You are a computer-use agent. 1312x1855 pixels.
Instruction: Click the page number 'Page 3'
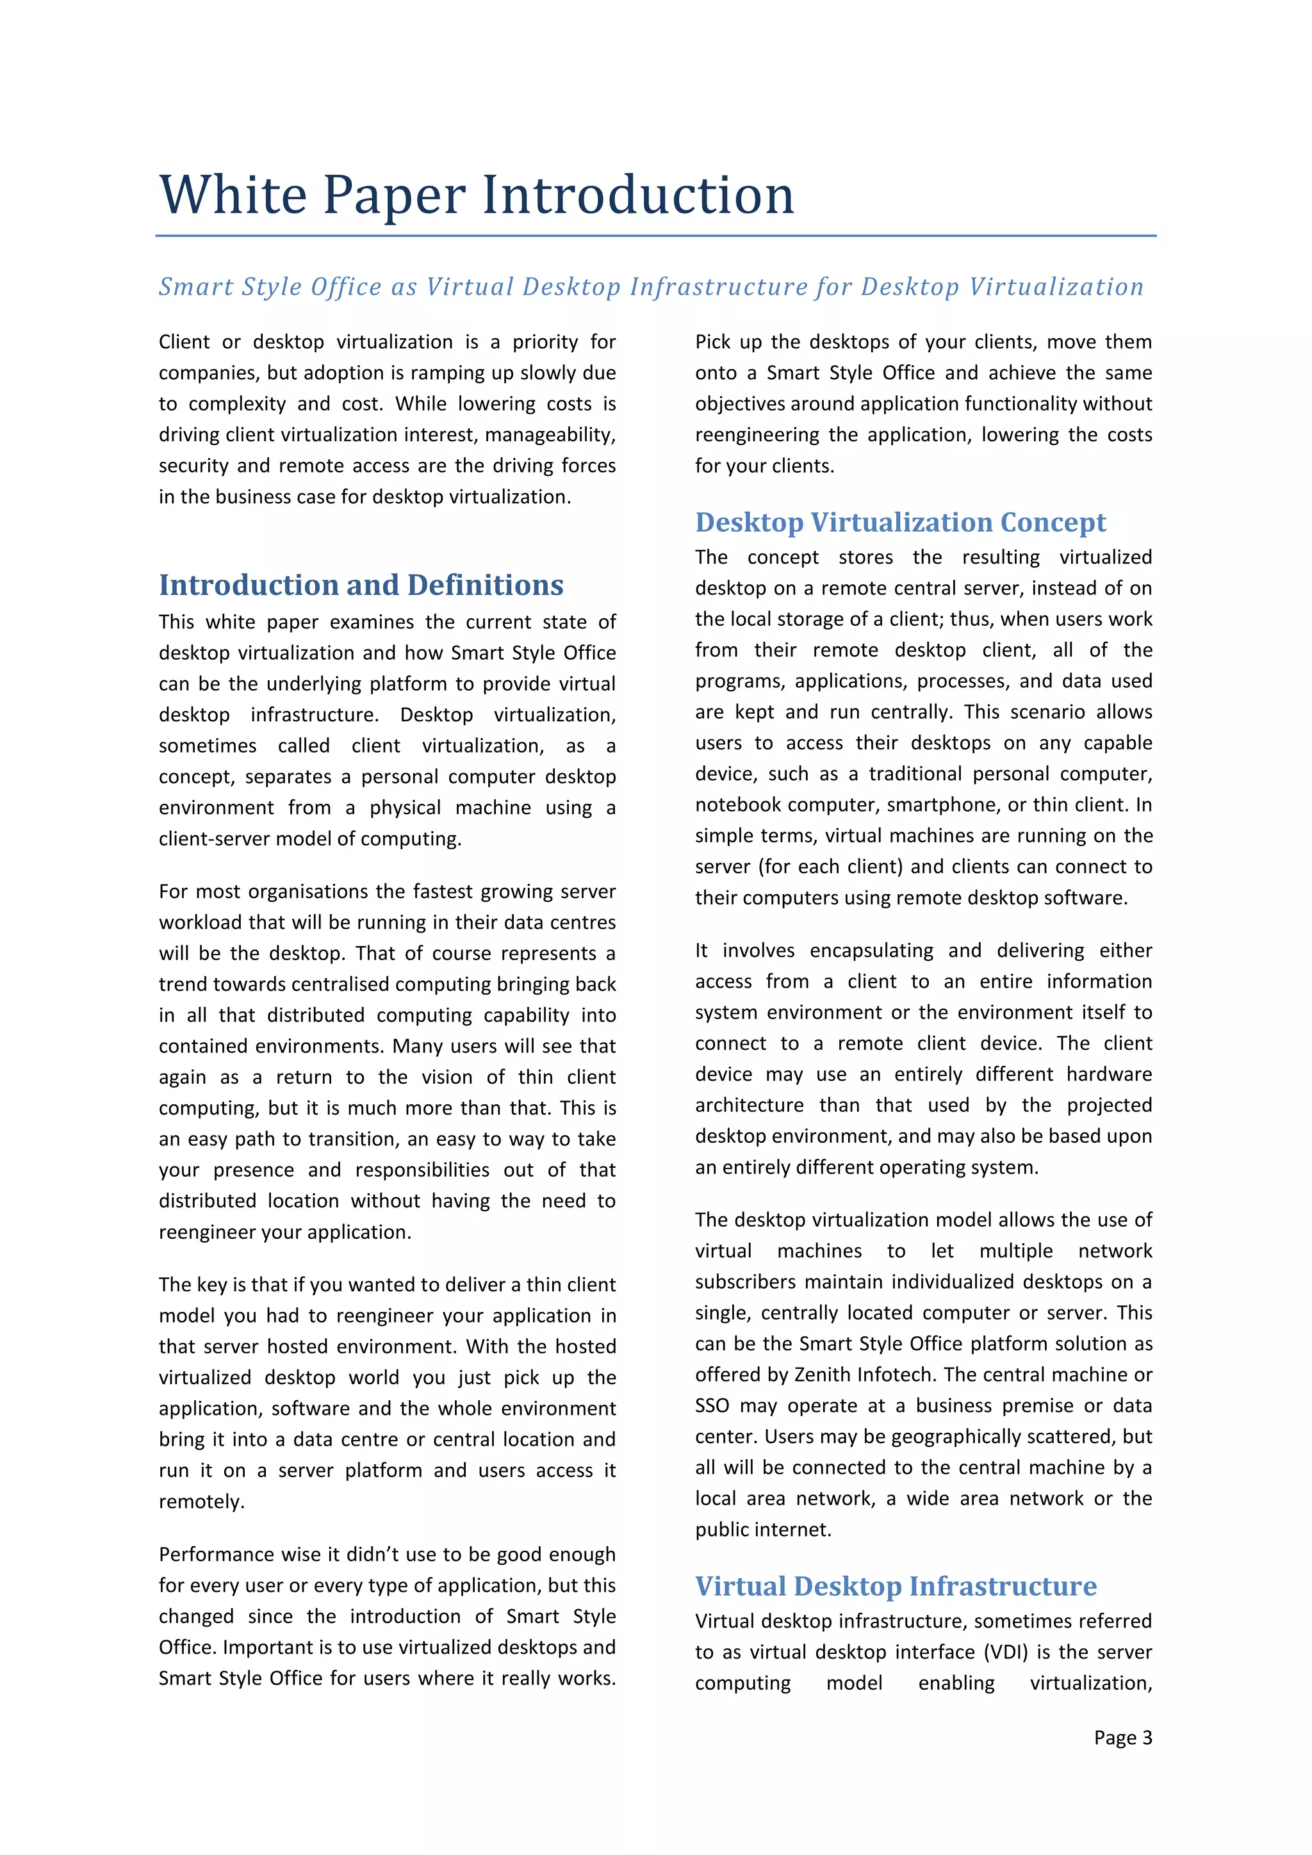point(1122,1737)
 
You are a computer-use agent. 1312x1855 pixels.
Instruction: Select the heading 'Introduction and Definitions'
point(361,585)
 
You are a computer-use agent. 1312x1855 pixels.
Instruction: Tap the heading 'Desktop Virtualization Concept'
point(900,522)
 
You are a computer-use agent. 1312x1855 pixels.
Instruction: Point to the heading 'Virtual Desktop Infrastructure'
point(895,1586)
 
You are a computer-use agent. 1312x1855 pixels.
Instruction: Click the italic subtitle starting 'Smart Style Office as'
point(651,286)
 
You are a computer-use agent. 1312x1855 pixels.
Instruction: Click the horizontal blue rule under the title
point(655,236)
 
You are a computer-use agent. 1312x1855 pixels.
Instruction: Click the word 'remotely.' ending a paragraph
point(201,1501)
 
